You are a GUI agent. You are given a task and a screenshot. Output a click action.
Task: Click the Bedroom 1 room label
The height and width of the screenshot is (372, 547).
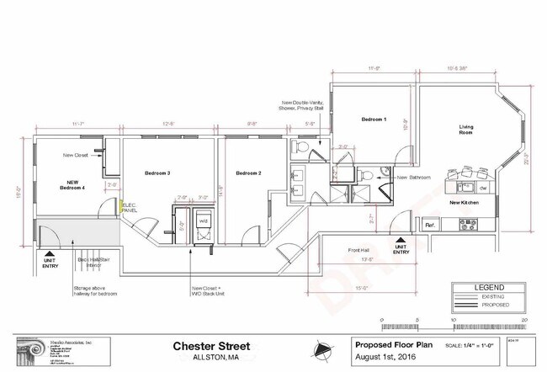coord(374,120)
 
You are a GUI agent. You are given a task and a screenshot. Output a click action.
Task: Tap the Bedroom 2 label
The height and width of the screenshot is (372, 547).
coord(248,173)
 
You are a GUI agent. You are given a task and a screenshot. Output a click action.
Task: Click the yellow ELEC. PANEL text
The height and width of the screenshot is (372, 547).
coord(130,206)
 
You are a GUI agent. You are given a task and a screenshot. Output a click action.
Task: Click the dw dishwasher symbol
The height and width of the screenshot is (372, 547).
coord(471,189)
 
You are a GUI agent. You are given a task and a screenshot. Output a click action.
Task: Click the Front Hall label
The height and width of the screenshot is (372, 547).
coord(360,250)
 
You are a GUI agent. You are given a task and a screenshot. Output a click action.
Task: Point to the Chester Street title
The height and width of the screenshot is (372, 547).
coord(209,345)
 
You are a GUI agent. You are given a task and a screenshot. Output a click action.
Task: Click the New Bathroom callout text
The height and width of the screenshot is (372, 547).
coord(414,178)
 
